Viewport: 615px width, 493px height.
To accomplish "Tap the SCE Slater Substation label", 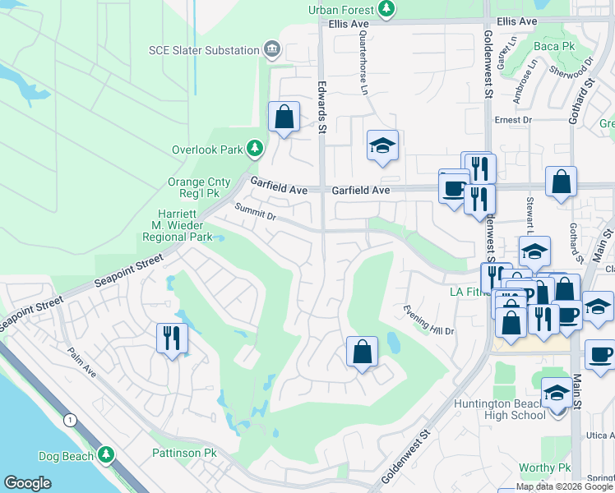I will (204, 50).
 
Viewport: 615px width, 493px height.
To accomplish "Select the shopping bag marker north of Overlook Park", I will (284, 117).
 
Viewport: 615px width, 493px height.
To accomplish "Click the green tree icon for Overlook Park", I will (257, 149).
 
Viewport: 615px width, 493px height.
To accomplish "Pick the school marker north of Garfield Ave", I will (382, 146).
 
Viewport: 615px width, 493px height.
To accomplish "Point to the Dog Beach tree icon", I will (105, 454).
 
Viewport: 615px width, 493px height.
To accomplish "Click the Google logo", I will (27, 483).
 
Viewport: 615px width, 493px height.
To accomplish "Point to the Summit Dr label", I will (255, 213).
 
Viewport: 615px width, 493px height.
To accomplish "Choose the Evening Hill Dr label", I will (428, 320).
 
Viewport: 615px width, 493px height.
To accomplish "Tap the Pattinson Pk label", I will (183, 453).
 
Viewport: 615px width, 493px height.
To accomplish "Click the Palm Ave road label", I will (83, 362).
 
